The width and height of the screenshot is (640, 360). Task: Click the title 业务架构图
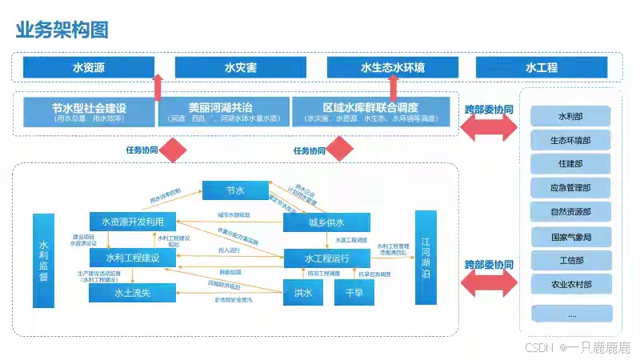62,30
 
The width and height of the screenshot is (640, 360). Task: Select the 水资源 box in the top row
89,68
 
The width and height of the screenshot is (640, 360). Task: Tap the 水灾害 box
239,68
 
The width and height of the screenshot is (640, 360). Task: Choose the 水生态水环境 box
392,68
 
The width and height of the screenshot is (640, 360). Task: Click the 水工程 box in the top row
542,68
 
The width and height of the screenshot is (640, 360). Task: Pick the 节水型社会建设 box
89,111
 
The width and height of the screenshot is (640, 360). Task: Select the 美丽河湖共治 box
223,111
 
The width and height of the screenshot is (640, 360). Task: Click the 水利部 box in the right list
570,117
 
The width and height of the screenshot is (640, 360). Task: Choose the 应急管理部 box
570,189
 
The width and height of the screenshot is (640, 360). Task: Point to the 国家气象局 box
570,237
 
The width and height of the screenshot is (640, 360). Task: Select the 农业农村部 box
570,284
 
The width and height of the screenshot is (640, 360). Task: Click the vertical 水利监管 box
44,260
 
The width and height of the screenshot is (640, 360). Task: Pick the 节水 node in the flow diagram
234,190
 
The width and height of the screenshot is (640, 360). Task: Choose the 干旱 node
354,294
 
